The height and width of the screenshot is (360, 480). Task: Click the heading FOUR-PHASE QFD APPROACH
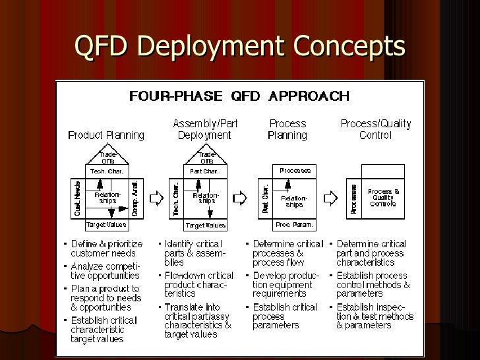239,96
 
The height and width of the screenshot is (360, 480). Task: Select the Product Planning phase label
106,135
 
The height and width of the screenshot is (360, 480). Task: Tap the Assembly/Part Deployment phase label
204,129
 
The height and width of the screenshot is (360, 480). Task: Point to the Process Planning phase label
287,129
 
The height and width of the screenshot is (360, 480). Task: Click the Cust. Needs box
78,198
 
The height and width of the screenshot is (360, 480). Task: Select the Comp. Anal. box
135,198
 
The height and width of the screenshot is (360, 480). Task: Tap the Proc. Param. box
294,225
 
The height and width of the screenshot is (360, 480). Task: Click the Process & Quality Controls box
383,198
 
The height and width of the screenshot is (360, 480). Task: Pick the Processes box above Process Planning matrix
294,171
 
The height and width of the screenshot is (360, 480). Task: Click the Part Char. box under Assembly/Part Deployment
205,171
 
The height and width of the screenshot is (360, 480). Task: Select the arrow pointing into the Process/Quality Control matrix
333,198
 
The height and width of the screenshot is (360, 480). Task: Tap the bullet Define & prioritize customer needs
105,249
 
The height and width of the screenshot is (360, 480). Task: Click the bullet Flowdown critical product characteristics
198,284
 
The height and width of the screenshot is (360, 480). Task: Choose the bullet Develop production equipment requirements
287,284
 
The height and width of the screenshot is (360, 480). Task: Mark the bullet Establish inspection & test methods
375,316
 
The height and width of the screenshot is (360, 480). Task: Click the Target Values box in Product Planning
107,225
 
